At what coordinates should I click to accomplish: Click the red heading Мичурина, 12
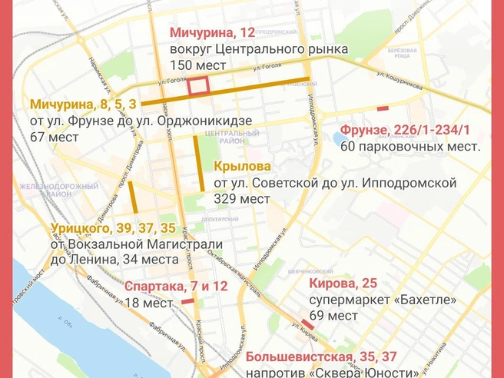click(211, 33)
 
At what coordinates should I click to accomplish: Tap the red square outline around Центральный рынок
click(199, 87)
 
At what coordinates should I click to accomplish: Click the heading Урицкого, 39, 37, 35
click(114, 227)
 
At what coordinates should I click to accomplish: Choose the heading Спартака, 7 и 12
click(176, 287)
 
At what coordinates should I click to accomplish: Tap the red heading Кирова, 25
click(343, 283)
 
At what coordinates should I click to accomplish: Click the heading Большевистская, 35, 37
click(321, 357)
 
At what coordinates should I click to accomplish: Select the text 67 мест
click(55, 138)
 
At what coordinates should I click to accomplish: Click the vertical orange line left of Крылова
click(201, 164)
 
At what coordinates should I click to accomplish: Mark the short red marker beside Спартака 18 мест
click(187, 302)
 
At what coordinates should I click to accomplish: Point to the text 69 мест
click(333, 316)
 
